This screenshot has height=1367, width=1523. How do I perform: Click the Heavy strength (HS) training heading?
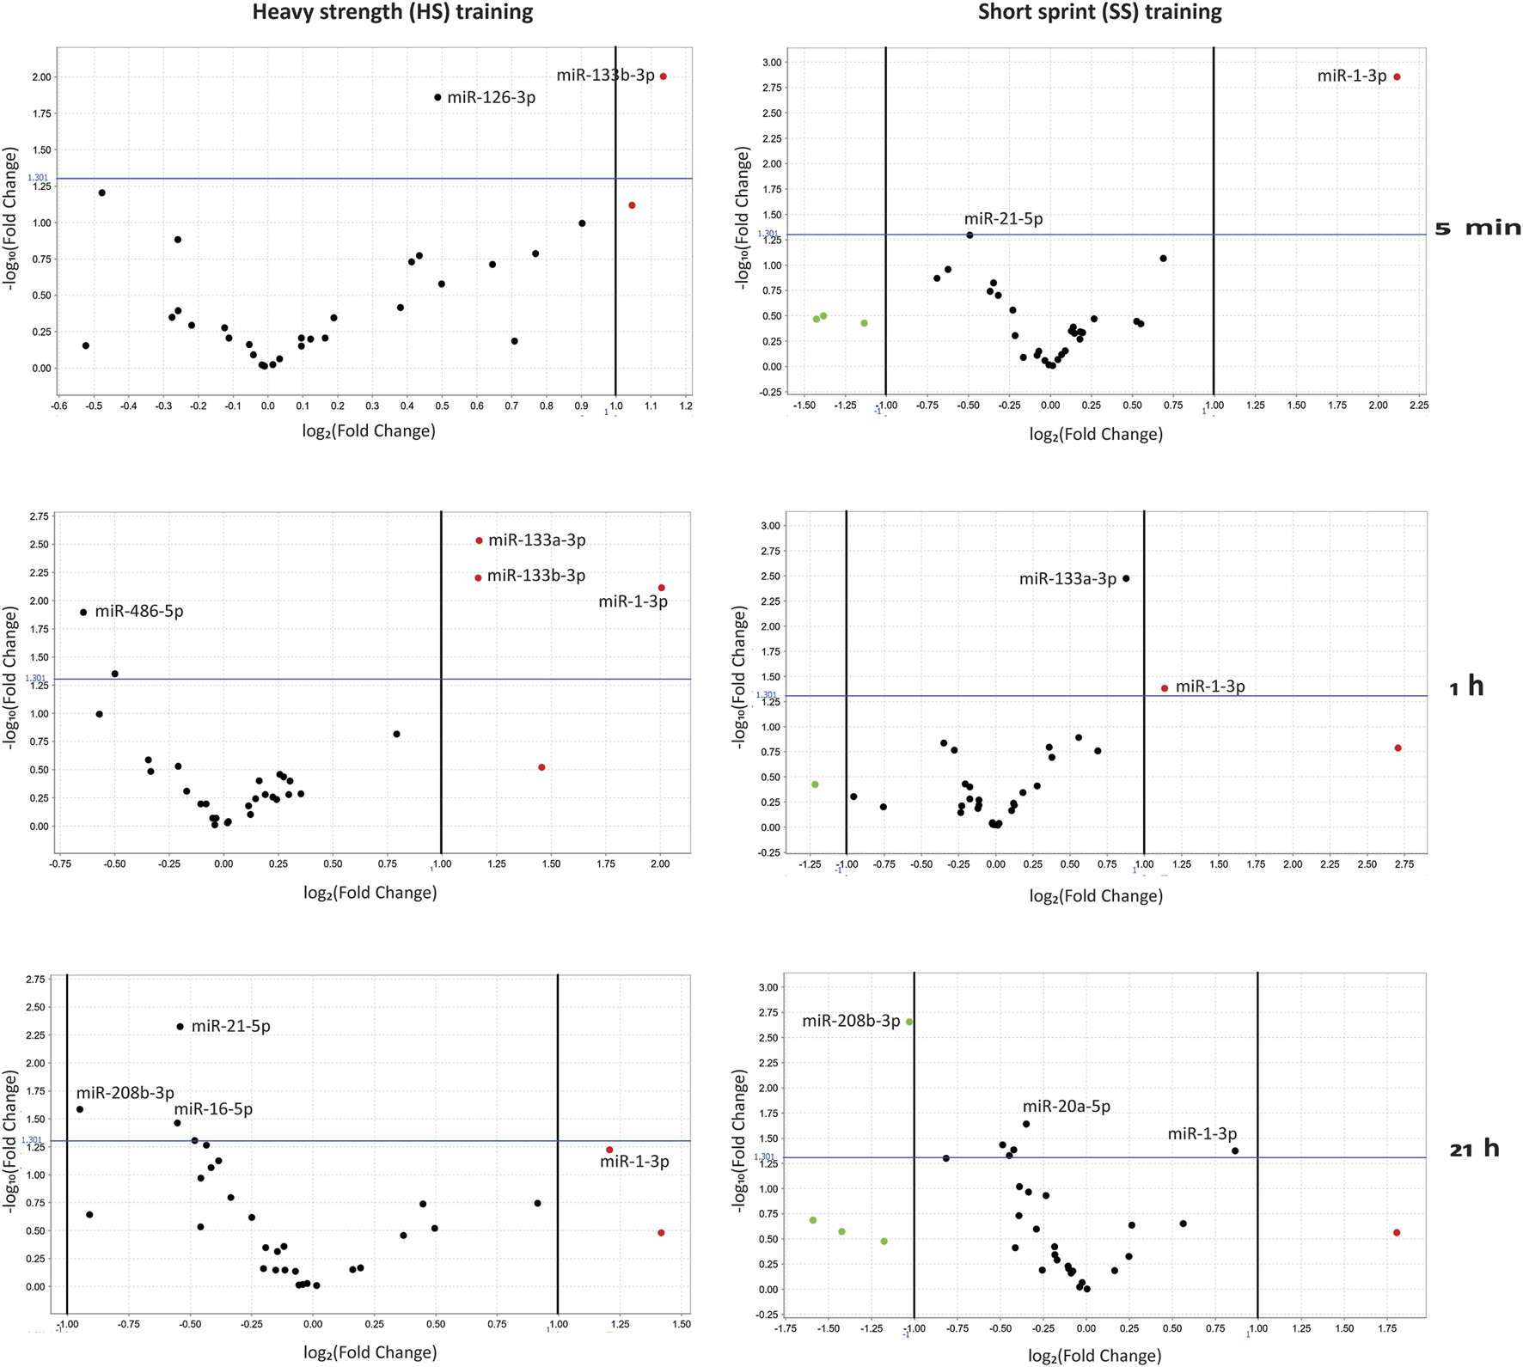(x=392, y=13)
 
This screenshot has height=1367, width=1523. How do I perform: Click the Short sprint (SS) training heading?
(x=1099, y=13)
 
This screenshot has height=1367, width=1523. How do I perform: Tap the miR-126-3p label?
(x=491, y=98)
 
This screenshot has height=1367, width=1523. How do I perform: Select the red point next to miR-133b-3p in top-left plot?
(x=664, y=77)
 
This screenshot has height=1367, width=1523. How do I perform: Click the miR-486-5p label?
(x=138, y=612)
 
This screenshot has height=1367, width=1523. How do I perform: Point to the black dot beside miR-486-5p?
(x=83, y=613)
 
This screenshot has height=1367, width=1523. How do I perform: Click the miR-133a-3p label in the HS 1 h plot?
(x=536, y=540)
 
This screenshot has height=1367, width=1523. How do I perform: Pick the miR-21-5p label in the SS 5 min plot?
(x=1003, y=219)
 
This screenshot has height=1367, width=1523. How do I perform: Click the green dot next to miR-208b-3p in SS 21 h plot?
(x=909, y=1022)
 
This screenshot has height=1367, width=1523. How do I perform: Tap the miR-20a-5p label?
(x=1066, y=1107)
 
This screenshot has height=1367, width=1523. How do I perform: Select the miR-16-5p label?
(x=213, y=1109)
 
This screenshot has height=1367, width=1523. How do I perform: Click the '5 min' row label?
(x=1477, y=229)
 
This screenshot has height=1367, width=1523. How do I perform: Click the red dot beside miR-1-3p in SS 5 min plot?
(x=1397, y=77)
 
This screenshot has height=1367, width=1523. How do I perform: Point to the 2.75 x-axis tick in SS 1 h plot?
(x=1404, y=864)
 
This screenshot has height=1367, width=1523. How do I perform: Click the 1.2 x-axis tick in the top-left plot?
(x=685, y=405)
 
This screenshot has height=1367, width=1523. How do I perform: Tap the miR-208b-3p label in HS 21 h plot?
(x=125, y=1093)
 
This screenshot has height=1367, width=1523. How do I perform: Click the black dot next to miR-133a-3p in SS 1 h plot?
(x=1126, y=579)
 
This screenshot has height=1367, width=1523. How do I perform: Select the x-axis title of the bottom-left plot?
(x=370, y=1352)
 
